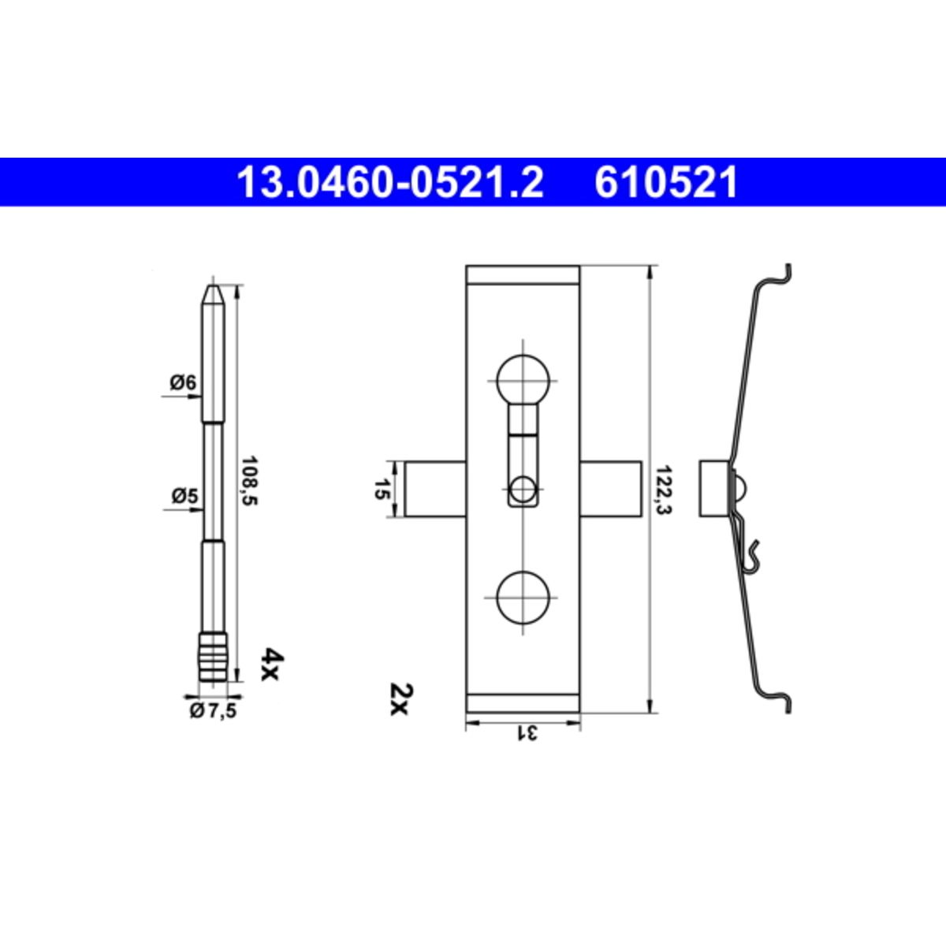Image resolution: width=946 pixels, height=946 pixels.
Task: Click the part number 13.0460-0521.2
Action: coord(390,183)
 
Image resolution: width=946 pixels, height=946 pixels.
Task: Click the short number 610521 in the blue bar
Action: coord(666,183)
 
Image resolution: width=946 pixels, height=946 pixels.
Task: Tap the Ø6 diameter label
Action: coord(183,382)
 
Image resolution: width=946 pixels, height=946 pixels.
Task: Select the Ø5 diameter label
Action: coord(184,497)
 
